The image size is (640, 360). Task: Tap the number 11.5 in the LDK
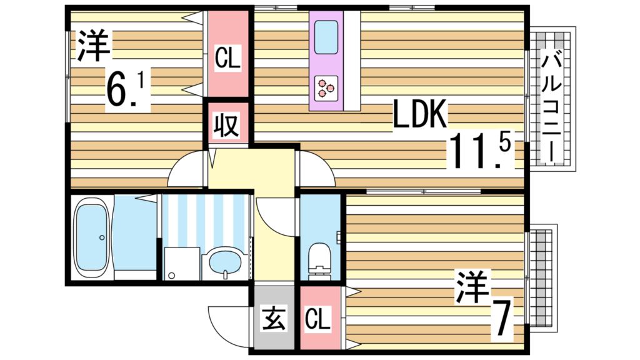tap(480, 152)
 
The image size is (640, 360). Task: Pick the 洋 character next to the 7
tap(473, 288)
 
